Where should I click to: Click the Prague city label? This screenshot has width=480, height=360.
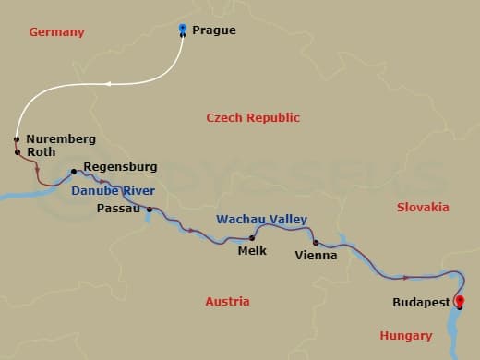click(213, 30)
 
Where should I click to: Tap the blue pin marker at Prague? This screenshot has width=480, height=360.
click(183, 29)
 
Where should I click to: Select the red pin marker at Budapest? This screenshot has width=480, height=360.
click(460, 301)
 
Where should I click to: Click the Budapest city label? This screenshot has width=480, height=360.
click(422, 303)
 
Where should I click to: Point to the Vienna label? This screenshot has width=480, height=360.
click(316, 256)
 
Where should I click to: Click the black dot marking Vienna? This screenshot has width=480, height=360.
click(316, 243)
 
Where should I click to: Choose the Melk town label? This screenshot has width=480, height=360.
click(252, 250)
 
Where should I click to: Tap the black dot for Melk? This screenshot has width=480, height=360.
click(252, 238)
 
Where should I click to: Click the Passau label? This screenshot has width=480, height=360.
click(118, 210)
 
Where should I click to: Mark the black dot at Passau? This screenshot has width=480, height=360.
click(149, 210)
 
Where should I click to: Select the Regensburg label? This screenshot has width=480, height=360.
click(120, 167)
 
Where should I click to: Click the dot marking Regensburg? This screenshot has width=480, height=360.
click(73, 171)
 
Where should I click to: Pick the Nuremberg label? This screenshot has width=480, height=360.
click(60, 139)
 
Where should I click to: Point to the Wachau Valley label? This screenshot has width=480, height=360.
click(261, 220)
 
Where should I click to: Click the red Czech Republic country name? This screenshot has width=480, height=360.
click(253, 118)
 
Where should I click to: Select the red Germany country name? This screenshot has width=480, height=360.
click(56, 32)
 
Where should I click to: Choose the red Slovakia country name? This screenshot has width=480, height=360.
click(422, 208)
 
